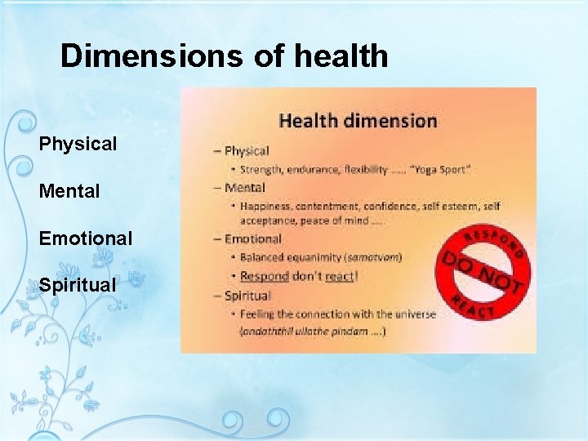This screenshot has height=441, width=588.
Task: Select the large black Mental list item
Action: (x=69, y=192)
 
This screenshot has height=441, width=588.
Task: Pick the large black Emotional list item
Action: (x=85, y=238)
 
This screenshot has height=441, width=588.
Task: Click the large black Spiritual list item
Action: (x=78, y=285)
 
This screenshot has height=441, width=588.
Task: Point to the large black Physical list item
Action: (x=78, y=144)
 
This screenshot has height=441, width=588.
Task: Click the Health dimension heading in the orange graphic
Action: (x=358, y=121)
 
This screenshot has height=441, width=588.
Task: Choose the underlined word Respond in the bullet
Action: (x=265, y=276)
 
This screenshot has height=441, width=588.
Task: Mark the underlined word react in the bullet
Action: (x=339, y=276)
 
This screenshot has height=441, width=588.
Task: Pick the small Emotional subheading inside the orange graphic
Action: (x=252, y=238)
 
